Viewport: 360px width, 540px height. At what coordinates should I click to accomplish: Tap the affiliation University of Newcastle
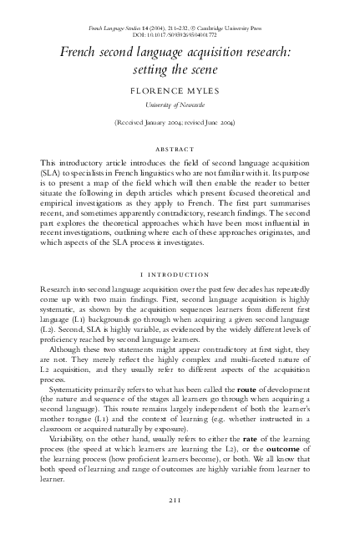click(180, 103)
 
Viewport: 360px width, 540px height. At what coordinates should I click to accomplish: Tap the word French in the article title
click(79, 51)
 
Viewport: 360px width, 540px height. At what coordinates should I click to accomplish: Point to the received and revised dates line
click(180, 122)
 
